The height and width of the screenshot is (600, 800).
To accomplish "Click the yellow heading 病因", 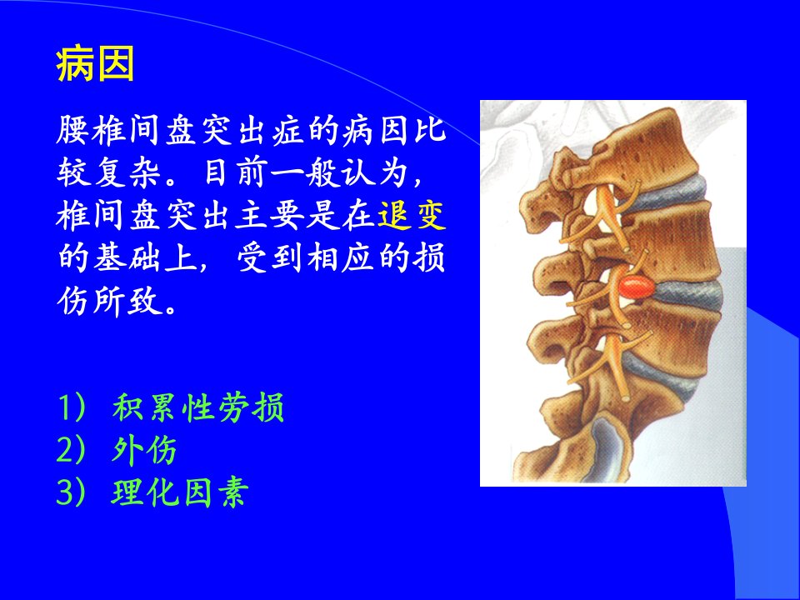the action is tap(95, 64).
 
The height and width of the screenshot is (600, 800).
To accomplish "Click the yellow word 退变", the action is tap(412, 215).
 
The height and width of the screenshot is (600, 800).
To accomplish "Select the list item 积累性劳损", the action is tap(198, 407).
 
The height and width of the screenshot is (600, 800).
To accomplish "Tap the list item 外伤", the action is tap(144, 450).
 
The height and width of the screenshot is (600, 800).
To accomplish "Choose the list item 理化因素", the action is tap(180, 492).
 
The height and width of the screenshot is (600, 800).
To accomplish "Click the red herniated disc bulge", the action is tap(637, 287).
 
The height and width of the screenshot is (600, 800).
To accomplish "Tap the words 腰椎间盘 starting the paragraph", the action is tap(126, 130).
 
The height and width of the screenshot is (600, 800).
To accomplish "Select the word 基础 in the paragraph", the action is tap(127, 258).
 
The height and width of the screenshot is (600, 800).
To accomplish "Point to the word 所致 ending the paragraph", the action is tap(127, 301).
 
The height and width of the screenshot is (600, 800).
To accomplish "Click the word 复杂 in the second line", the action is tap(127, 173).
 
